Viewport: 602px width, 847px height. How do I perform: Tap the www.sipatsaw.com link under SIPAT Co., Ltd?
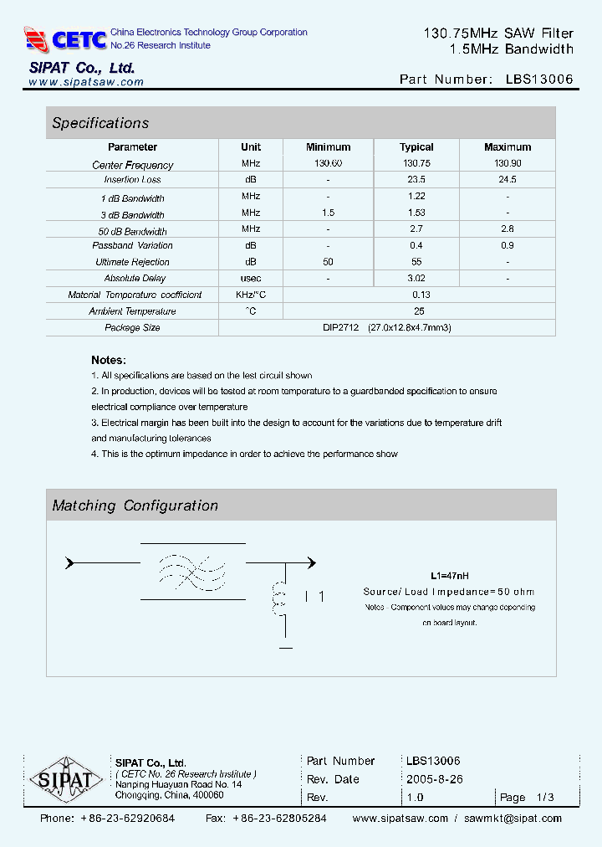pos(86,82)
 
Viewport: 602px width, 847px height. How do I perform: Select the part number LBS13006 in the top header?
pos(539,80)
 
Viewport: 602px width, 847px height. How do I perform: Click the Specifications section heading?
pos(100,123)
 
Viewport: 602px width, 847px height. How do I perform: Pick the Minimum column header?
pos(328,147)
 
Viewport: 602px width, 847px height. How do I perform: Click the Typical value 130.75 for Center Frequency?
pos(416,164)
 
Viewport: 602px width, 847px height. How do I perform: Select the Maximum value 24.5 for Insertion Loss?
pos(507,180)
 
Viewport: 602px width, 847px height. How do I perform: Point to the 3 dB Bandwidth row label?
pos(132,215)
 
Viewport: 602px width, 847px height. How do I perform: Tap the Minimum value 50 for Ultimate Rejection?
pos(328,262)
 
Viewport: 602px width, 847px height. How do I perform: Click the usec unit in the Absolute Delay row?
pos(251,278)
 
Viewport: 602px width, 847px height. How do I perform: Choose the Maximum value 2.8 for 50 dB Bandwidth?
pos(507,228)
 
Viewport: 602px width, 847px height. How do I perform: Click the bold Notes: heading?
pos(109,360)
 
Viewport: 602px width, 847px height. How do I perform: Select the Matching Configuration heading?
pos(135,506)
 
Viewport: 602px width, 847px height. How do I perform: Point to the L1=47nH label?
pos(450,576)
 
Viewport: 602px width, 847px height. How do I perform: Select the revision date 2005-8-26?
pos(434,779)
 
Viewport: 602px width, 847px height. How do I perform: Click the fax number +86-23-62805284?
pos(279,819)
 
